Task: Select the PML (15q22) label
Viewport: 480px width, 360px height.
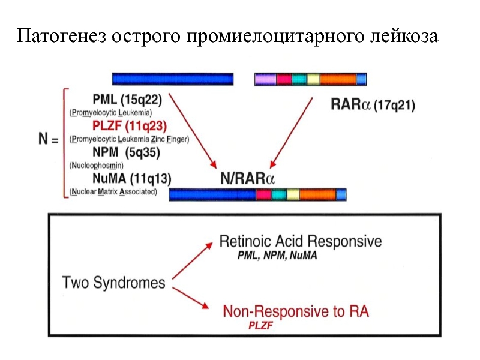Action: tap(127, 99)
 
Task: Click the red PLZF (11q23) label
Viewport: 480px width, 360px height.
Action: tap(130, 126)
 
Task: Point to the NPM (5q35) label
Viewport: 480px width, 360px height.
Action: tap(126, 152)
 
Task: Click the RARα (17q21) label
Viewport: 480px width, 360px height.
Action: tap(373, 104)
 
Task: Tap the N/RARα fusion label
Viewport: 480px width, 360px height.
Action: tap(247, 178)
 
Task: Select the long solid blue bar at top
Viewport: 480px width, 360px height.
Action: tap(173, 79)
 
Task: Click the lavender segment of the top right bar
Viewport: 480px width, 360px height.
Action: tap(265, 79)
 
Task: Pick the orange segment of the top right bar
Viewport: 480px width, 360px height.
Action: tap(338, 79)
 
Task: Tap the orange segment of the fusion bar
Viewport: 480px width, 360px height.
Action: tap(317, 194)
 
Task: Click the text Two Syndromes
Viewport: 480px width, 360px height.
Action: tap(114, 281)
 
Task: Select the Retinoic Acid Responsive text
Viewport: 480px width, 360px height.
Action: tap(300, 241)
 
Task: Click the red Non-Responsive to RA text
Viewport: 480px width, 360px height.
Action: tap(296, 311)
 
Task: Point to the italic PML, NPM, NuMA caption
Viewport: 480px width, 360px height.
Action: tap(278, 255)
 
